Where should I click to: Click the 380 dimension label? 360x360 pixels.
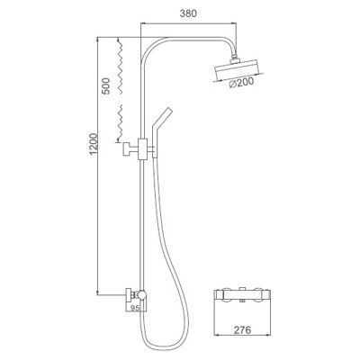click(x=188, y=13)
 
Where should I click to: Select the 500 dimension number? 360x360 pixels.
click(x=105, y=86)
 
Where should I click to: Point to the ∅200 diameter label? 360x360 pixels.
click(x=241, y=83)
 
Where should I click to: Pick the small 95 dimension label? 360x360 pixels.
click(x=135, y=307)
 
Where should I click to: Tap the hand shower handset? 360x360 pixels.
click(x=161, y=129)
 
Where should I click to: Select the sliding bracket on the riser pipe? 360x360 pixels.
click(x=142, y=149)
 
